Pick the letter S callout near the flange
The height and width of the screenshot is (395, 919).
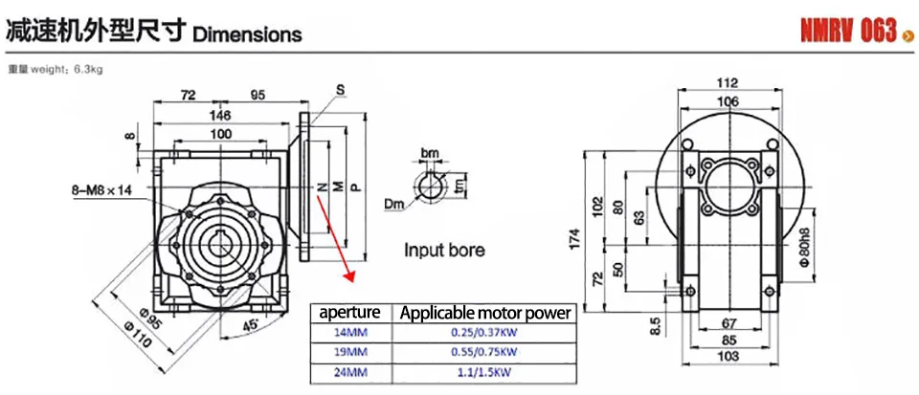339,90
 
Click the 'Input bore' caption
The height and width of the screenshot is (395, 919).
444,251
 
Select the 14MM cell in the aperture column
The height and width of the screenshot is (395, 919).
350,332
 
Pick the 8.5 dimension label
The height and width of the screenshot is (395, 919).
657,327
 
